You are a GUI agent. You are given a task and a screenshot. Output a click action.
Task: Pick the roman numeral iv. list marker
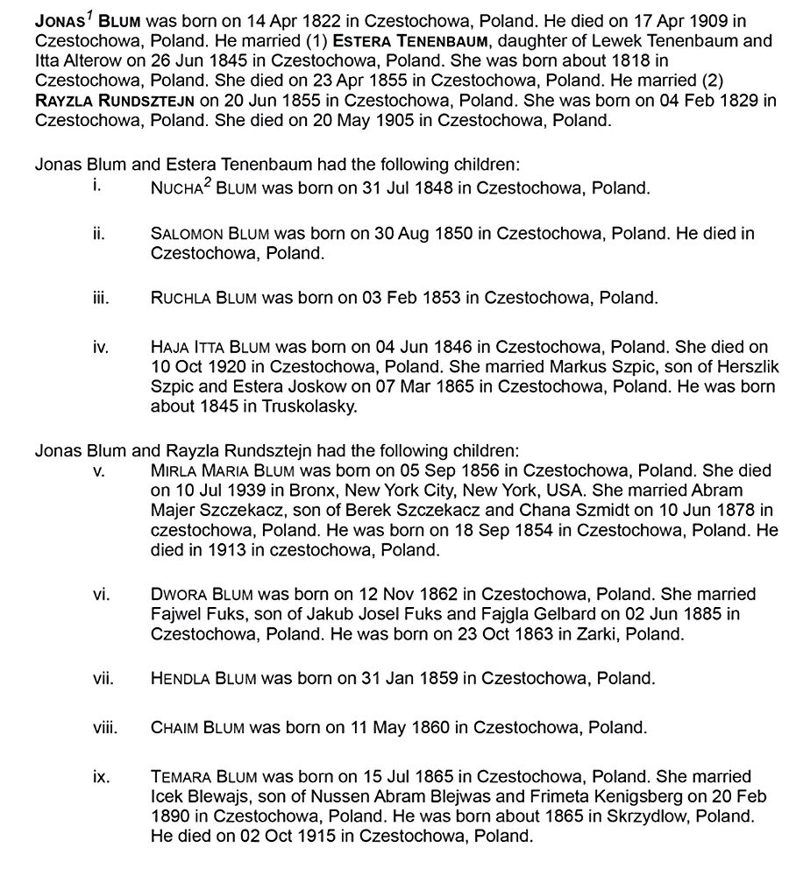click(x=99, y=347)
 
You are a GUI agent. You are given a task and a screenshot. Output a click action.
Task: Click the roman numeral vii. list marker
click(x=103, y=677)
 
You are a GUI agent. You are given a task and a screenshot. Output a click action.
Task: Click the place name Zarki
click(x=584, y=633)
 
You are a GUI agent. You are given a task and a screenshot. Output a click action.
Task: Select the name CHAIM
click(x=175, y=726)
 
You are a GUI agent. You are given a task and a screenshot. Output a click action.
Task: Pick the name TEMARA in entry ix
click(x=181, y=775)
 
